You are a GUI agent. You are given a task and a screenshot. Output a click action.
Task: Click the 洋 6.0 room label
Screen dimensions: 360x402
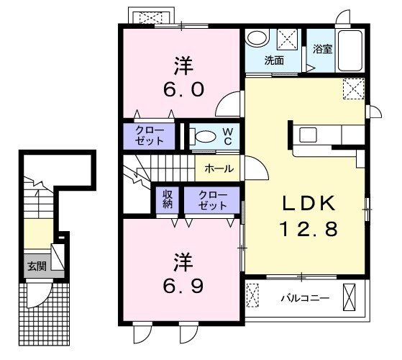point(181,78)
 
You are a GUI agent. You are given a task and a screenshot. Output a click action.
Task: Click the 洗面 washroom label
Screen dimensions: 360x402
point(273,60)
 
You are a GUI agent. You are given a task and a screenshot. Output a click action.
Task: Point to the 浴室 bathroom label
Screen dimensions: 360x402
point(321,50)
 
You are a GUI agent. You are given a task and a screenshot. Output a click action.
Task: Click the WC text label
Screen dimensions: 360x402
point(227,135)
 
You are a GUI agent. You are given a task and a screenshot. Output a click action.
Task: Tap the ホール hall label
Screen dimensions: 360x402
point(219,168)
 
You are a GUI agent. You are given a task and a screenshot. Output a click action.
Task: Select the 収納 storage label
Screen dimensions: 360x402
point(168,199)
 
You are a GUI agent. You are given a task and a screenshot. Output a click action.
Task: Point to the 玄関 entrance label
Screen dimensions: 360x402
point(37,265)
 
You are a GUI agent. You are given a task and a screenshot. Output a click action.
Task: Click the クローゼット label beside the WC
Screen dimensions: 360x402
point(150,135)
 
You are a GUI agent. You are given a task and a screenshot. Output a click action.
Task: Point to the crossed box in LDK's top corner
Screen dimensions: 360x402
point(353,89)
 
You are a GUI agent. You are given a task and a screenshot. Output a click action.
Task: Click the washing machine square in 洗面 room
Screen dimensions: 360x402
point(287,38)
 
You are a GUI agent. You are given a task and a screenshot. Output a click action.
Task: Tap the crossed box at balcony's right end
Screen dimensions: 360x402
point(350,297)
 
